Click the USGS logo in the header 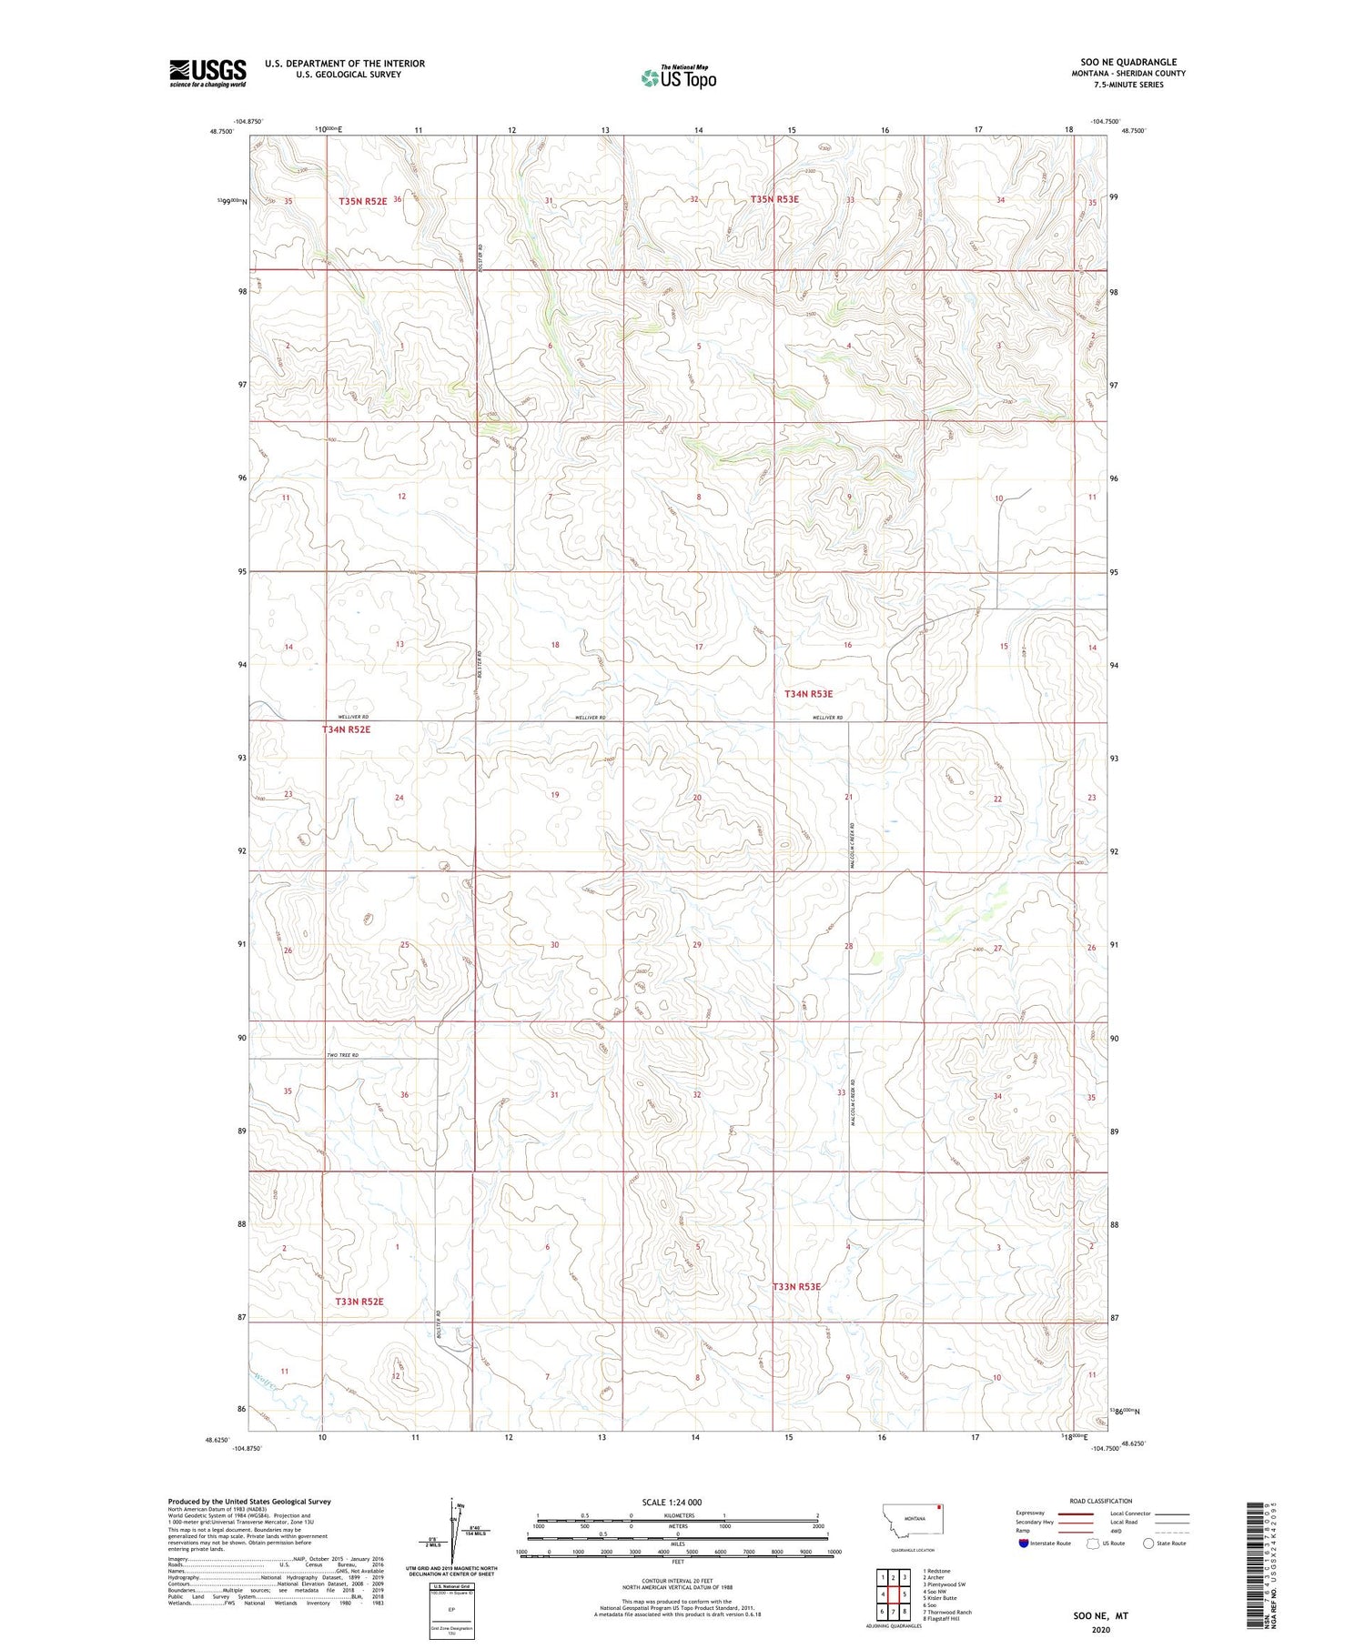pos(207,73)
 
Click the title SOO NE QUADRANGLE pos(1128,62)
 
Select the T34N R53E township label pos(808,694)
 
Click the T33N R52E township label pos(359,1302)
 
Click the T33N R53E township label pos(796,1286)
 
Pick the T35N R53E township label pos(774,199)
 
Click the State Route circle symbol pos(1148,1543)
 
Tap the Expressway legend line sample pos(1081,1513)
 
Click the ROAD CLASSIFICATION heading pos(1101,1501)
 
